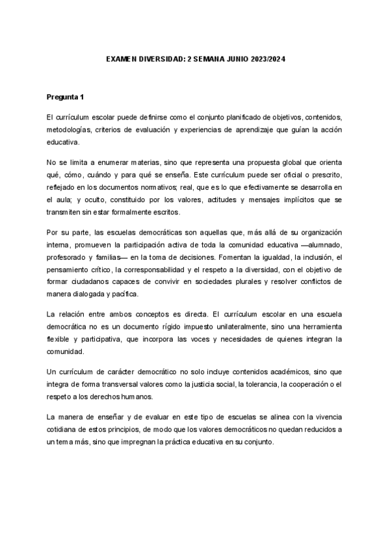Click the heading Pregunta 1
pyautogui.click(x=65, y=97)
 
